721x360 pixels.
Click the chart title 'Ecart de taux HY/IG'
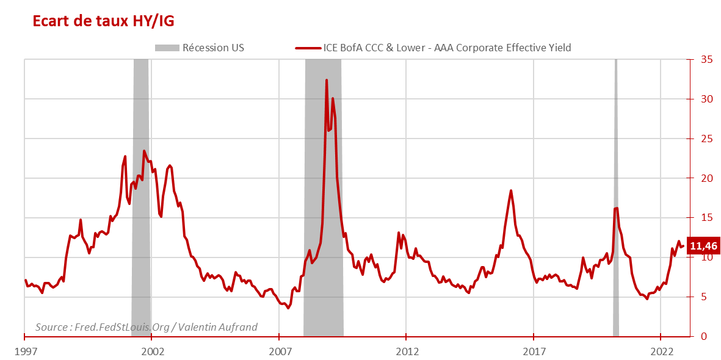[x=103, y=22]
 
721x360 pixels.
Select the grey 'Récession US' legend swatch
[x=167, y=48]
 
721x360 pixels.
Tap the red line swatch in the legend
[x=308, y=48]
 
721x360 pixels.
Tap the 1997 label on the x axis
[x=24, y=352]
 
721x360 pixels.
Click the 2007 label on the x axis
[x=279, y=352]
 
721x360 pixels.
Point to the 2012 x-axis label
[x=407, y=352]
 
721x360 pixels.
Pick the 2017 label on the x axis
[x=534, y=352]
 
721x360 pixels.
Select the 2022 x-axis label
[x=661, y=352]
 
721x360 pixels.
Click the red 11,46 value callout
[x=704, y=247]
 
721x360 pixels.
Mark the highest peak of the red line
[x=327, y=80]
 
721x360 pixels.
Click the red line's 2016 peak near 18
[x=510, y=191]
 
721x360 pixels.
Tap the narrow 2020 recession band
[x=616, y=275]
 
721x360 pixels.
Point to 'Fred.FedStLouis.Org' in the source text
[x=121, y=327]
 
